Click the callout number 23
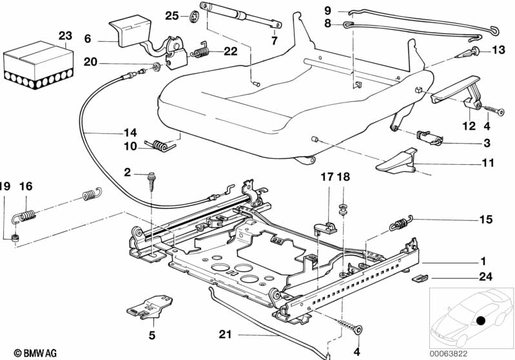coord(65,35)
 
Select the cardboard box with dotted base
coord(39,64)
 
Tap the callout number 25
coord(172,15)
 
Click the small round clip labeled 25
coord(195,16)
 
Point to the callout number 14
coord(130,133)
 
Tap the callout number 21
coord(226,334)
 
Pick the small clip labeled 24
coord(420,278)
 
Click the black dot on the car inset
coord(481,321)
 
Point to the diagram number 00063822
coord(449,354)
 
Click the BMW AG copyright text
coord(35,353)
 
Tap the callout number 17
coord(327,177)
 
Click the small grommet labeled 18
coord(343,209)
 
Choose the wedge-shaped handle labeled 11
coord(397,160)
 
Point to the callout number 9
coord(328,10)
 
